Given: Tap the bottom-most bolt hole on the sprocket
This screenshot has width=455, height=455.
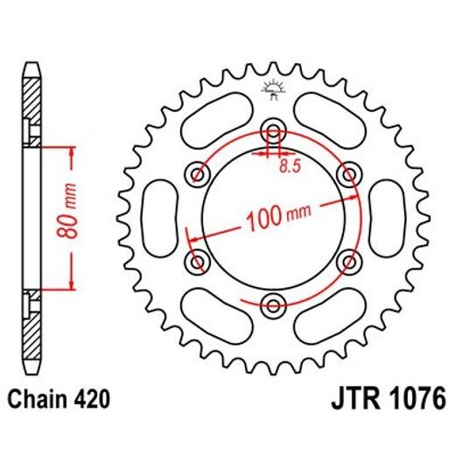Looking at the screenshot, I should point(274,304).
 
